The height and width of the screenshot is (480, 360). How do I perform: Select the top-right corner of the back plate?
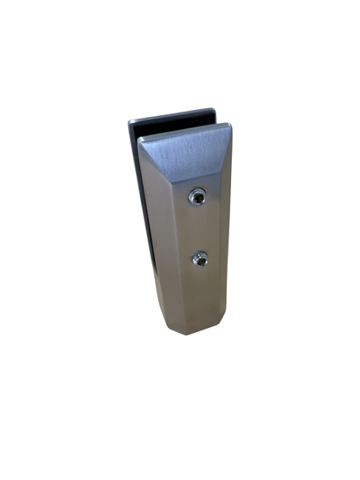click(213, 110)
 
